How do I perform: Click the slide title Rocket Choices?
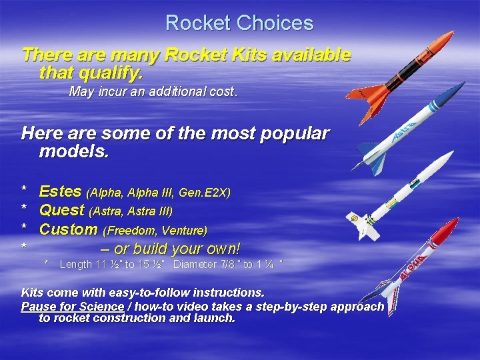click(x=239, y=23)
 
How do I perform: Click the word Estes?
click(x=61, y=192)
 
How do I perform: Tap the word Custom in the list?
click(x=68, y=229)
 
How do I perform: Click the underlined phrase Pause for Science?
click(x=73, y=307)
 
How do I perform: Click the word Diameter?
click(x=196, y=265)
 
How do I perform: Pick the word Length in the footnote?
click(x=75, y=265)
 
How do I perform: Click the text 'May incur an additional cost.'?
click(x=153, y=92)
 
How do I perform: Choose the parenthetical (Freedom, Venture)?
click(x=155, y=231)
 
